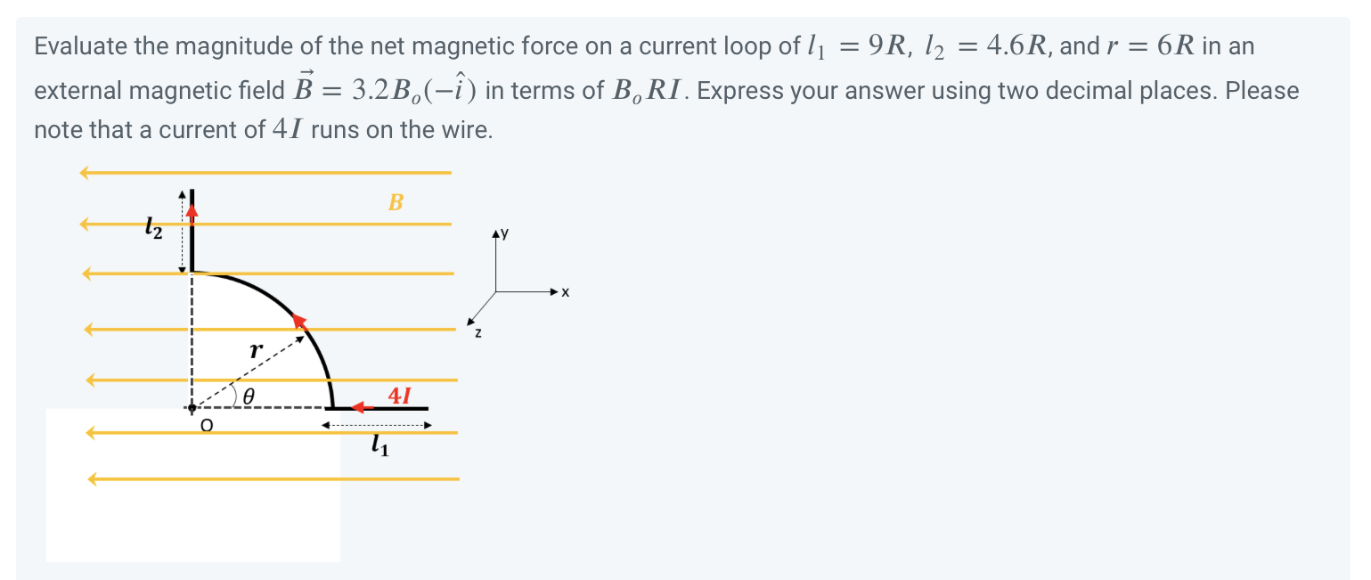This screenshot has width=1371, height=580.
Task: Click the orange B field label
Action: point(396,202)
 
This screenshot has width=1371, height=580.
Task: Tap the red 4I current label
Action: point(400,395)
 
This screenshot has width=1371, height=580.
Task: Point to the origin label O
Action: point(207,427)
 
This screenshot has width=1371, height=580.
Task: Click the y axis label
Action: point(504,233)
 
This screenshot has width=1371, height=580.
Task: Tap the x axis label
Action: point(565,292)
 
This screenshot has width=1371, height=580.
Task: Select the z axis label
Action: point(478,333)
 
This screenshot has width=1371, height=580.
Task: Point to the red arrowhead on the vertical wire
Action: point(192,210)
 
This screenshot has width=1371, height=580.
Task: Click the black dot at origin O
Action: point(192,408)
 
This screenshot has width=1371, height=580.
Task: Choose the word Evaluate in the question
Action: point(81,46)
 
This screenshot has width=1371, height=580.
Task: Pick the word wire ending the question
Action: point(469,131)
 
